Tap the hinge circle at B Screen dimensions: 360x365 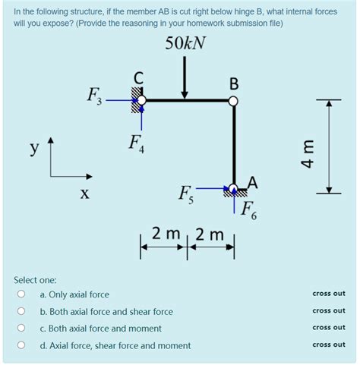pos(234,99)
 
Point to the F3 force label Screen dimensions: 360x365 pos(95,96)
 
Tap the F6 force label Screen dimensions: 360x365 pos(249,211)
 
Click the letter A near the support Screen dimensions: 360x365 pos(252,182)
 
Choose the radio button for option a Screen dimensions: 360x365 pos(23,294)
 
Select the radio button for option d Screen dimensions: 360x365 pos(23,345)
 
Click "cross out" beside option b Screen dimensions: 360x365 pos(328,311)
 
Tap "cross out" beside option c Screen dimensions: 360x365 pos(328,328)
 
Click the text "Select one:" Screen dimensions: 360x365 pos(35,279)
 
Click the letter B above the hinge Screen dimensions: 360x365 pos(233,82)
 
